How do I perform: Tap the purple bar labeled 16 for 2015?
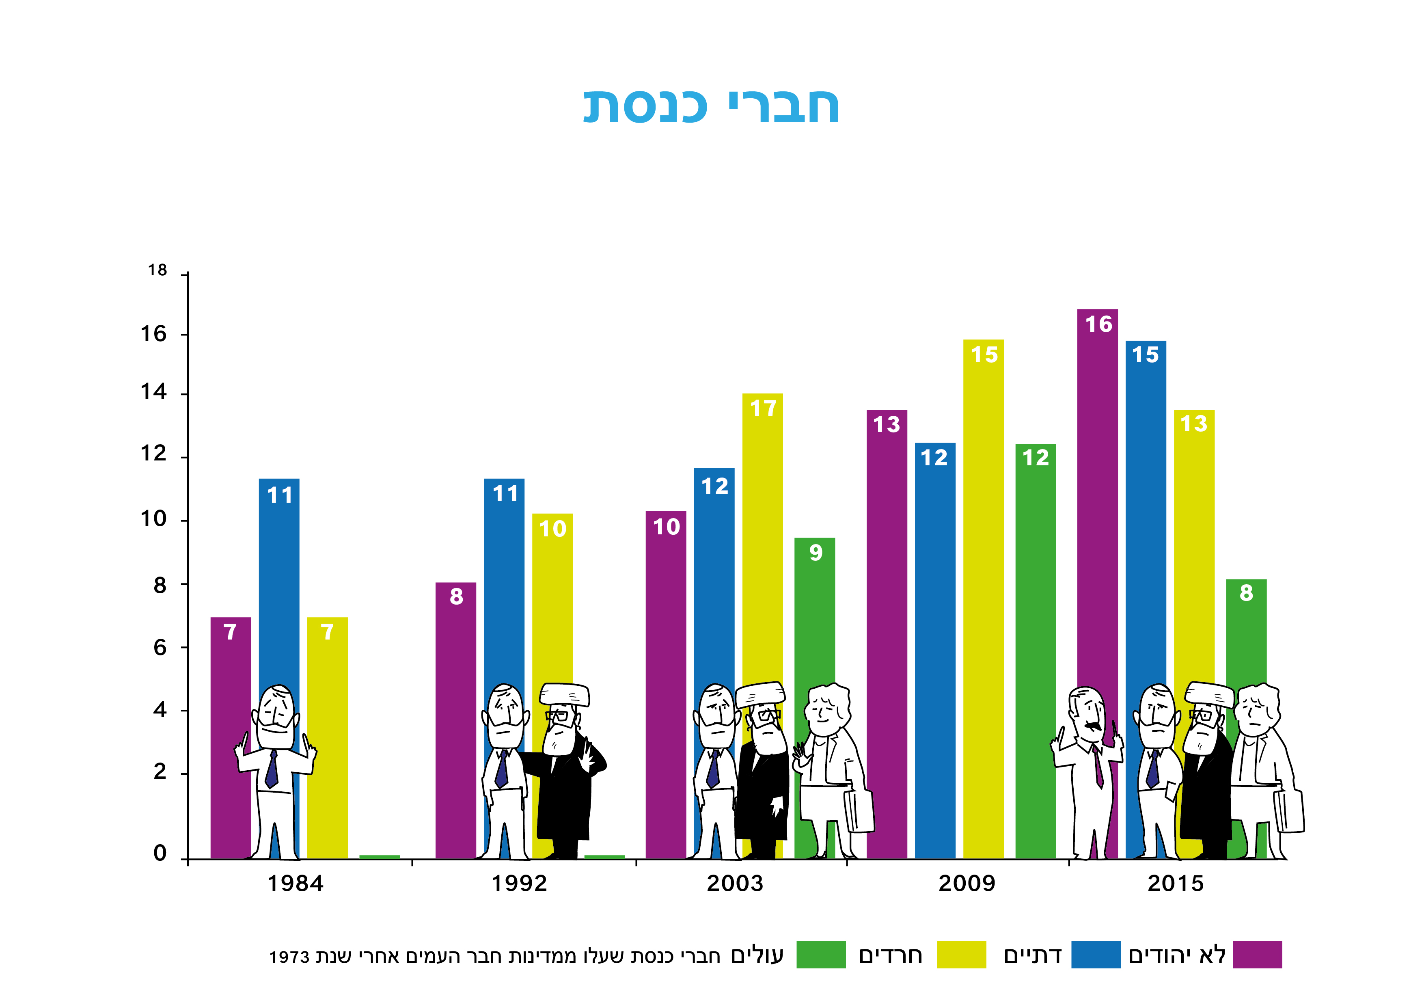tap(1097, 496)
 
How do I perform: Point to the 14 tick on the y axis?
tap(154, 392)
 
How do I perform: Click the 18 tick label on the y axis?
tap(158, 270)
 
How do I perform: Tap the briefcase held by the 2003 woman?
tap(859, 811)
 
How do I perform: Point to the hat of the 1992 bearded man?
tap(564, 694)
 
